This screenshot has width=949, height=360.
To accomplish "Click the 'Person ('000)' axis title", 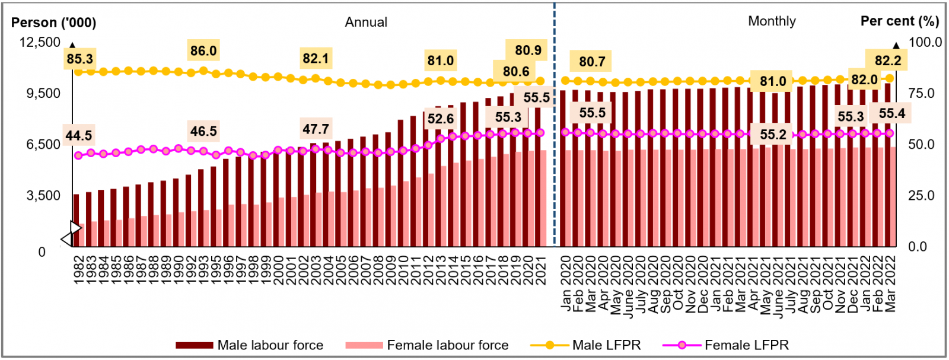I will [53, 23].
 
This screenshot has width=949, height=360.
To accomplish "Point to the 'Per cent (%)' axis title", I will [899, 21].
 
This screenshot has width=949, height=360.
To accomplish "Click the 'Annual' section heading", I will [366, 23].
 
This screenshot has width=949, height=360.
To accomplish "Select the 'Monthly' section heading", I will [772, 21].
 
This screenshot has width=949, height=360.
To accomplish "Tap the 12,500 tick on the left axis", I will [40, 43].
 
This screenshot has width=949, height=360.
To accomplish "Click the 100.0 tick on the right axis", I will [925, 43].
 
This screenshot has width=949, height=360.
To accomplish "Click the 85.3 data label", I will [79, 59].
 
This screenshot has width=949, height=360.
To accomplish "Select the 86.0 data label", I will [203, 51].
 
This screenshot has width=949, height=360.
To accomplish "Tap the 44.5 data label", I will [79, 136].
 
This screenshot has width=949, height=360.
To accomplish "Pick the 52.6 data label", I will [441, 119].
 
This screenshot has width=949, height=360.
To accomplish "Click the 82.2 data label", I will [888, 60].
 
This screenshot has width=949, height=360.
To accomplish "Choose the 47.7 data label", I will [316, 129].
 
